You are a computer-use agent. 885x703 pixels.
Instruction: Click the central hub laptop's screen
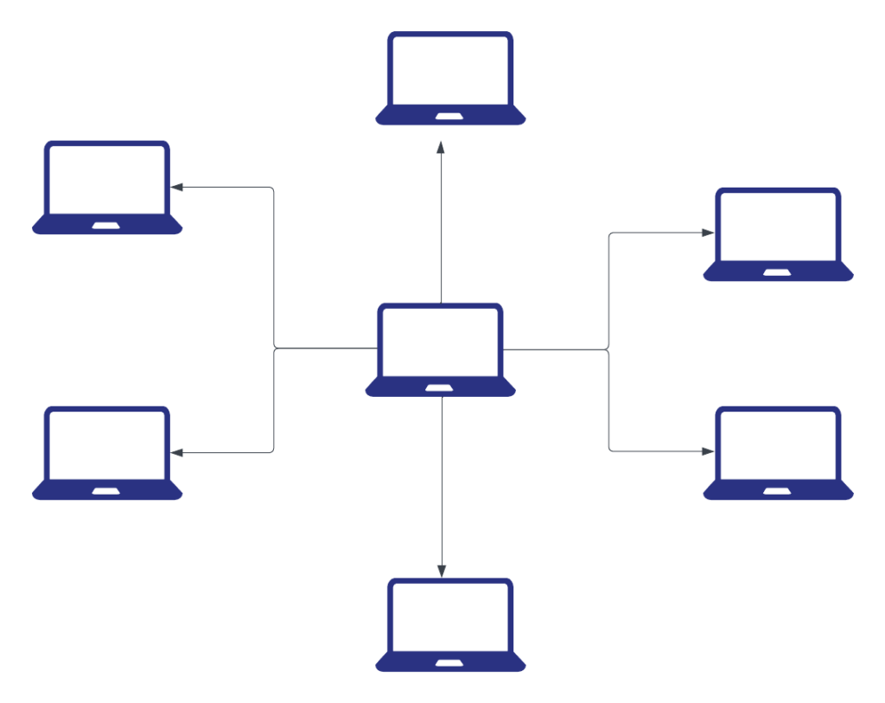pyautogui.click(x=441, y=341)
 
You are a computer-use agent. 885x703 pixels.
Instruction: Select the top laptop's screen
pyautogui.click(x=450, y=69)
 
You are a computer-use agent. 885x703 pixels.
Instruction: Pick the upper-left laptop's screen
pyautogui.click(x=107, y=179)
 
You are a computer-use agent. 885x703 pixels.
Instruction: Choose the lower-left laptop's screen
pyautogui.click(x=107, y=444)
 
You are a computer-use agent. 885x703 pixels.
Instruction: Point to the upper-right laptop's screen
pyautogui.click(x=778, y=226)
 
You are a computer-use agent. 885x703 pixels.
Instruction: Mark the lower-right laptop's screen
pyautogui.click(x=778, y=444)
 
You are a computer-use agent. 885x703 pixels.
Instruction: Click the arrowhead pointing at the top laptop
pyautogui.click(x=441, y=148)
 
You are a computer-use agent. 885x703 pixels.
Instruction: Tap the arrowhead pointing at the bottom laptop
pyautogui.click(x=441, y=571)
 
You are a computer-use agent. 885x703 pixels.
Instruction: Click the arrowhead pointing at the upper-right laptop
pyautogui.click(x=708, y=233)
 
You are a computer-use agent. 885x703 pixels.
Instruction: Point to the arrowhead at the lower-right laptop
pyautogui.click(x=708, y=451)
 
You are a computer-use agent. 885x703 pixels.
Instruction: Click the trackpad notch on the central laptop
pyautogui.click(x=441, y=387)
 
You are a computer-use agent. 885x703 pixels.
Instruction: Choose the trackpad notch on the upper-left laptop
pyautogui.click(x=107, y=226)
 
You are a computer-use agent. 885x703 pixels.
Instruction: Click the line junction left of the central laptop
pyautogui.click(x=275, y=348)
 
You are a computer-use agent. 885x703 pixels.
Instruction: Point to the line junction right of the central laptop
pyautogui.click(x=608, y=349)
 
